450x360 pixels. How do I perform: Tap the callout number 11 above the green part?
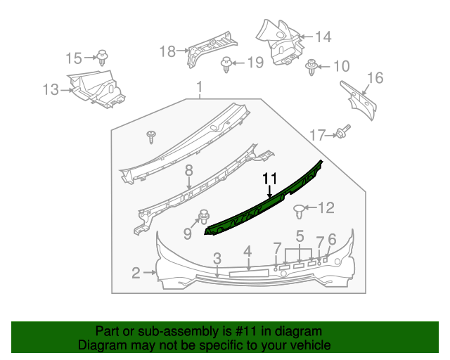tap(270, 180)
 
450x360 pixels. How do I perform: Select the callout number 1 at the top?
tap(199, 88)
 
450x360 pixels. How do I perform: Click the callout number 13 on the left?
tap(51, 90)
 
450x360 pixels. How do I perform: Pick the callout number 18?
tap(167, 51)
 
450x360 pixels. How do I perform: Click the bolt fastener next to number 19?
tap(226, 64)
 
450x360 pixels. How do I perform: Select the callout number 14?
tap(322, 37)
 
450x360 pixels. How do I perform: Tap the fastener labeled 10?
tap(311, 67)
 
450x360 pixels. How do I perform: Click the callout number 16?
tap(375, 78)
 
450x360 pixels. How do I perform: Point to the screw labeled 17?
tap(344, 131)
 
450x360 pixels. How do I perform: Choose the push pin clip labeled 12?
tap(299, 208)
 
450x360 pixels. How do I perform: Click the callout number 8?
tap(188, 171)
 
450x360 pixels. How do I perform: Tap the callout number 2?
tap(136, 272)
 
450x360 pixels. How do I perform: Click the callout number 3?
tap(217, 258)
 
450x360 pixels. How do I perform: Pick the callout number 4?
tap(247, 252)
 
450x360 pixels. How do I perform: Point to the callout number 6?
tap(332, 239)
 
